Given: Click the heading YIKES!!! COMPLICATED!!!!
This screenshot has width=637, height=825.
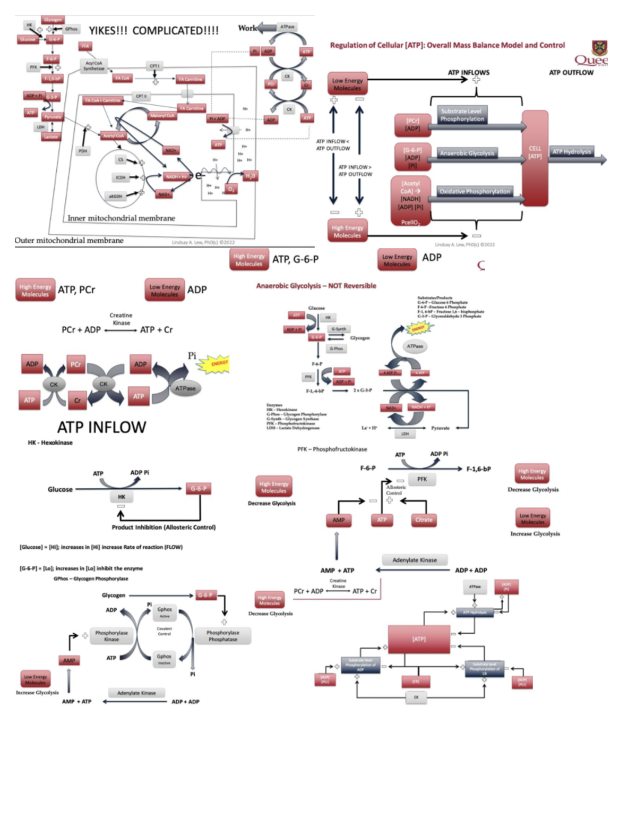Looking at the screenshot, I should click(x=153, y=31).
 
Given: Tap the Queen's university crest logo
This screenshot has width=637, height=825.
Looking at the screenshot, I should click(x=599, y=48).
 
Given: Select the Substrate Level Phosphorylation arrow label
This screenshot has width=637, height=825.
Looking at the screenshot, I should click(x=462, y=115).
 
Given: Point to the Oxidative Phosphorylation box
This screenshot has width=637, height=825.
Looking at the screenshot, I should click(x=475, y=191).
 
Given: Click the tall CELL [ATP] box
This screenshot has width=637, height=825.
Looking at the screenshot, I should click(x=535, y=158).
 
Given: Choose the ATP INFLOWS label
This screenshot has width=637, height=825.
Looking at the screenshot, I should click(x=468, y=72).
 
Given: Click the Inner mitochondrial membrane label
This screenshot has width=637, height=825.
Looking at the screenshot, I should click(x=121, y=218).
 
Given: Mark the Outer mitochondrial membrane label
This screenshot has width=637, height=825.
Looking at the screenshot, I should click(x=69, y=240).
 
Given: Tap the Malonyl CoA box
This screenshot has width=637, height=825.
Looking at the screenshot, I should click(x=162, y=115).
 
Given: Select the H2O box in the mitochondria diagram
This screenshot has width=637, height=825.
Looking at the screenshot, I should click(x=250, y=176).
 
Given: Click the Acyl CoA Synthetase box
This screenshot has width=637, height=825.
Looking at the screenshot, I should click(x=94, y=65).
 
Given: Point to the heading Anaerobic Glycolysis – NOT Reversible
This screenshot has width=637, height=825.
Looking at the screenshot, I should click(x=316, y=286).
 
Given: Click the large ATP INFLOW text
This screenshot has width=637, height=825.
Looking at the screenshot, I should click(x=101, y=427).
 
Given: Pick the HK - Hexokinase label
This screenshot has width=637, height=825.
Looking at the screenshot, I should click(x=50, y=443).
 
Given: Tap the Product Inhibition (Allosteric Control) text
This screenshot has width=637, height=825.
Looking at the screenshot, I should click(x=163, y=527).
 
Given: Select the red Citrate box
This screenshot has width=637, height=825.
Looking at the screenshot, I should click(x=424, y=520).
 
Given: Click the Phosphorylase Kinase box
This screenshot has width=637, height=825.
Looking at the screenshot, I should click(x=111, y=636).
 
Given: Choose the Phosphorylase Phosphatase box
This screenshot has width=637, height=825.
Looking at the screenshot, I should click(x=222, y=636).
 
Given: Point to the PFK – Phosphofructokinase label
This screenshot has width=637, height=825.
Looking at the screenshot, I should click(x=332, y=449).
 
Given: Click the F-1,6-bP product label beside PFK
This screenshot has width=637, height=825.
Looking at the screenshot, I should click(x=478, y=469).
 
